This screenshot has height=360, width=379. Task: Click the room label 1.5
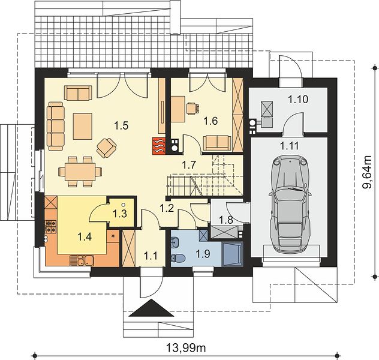[121, 126]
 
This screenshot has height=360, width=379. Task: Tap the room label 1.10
[298, 99]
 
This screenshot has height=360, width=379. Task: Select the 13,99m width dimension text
[186, 348]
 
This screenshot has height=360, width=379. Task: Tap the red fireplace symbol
[158, 146]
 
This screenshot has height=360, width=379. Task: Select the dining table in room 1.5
[80, 172]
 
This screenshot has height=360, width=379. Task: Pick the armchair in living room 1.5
[106, 148]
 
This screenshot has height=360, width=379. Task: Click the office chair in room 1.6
[193, 108]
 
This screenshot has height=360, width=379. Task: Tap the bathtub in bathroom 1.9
[232, 254]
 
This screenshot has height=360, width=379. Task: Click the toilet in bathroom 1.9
[178, 259]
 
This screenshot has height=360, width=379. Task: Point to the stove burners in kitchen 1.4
[51, 227]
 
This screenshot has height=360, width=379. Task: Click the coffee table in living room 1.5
[83, 127]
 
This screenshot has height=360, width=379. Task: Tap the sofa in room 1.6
[217, 143]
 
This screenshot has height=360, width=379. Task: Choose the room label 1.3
[120, 214]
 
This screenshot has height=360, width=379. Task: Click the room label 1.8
[225, 220]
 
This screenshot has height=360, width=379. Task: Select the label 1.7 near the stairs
[188, 165]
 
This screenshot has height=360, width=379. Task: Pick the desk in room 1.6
[178, 109]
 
